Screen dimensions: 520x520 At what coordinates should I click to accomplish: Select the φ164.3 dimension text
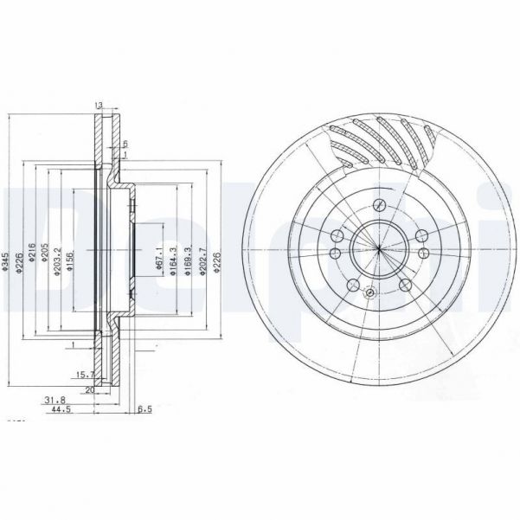174,261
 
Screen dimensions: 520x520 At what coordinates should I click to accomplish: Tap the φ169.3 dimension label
188,261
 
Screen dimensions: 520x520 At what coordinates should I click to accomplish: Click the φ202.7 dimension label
202,262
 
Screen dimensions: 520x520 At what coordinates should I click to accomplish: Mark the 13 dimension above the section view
100,105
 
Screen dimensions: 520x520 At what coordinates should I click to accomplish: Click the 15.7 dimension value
85,374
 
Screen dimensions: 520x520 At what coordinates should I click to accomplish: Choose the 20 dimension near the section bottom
89,389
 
